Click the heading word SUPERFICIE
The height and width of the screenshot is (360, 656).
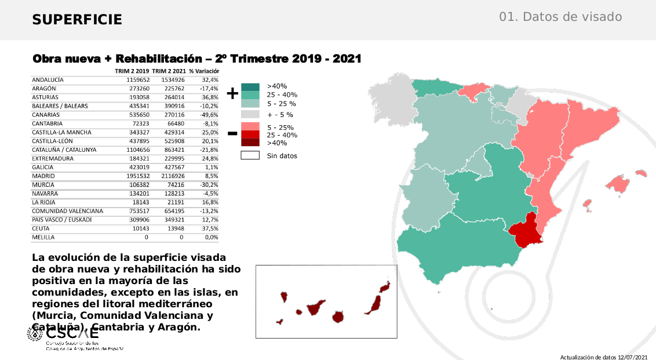77,20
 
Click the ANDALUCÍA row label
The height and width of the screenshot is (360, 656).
48,79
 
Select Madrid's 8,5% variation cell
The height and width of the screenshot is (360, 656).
211,176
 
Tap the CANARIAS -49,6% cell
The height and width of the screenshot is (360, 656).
210,115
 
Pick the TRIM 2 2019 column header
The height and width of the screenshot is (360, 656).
132,71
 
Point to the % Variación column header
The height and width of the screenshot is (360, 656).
203,71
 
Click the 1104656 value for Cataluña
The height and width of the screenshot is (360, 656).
139,150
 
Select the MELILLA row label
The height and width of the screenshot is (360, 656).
43,237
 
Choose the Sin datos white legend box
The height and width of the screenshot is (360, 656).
250,155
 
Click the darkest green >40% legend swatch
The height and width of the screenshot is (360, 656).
250,87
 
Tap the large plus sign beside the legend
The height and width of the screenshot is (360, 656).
232,93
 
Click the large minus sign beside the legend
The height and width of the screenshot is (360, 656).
232,134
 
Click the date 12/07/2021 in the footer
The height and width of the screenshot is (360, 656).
633,357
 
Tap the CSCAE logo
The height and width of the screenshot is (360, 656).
64,334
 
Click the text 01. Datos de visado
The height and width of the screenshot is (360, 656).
560,17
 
